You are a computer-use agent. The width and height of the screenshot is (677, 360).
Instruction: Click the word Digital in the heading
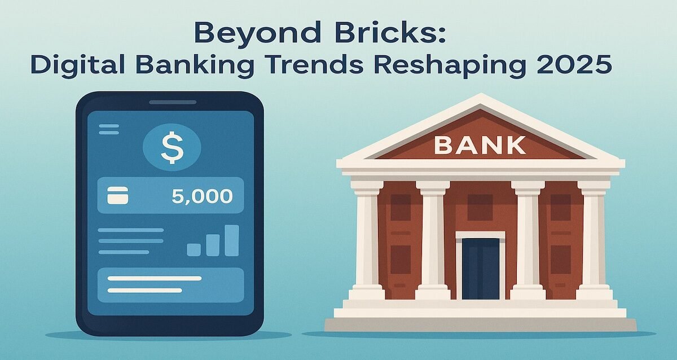click(67, 65)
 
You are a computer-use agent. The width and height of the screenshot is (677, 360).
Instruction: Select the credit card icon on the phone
click(118, 196)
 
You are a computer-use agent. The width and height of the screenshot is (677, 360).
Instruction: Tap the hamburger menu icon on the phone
click(109, 129)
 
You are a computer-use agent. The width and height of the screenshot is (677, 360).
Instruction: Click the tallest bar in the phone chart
click(232, 240)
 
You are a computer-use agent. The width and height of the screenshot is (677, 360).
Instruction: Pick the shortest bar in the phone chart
click(194, 249)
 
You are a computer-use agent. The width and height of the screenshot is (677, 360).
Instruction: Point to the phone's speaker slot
click(173, 102)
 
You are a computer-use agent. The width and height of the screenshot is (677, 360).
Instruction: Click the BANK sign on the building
click(480, 145)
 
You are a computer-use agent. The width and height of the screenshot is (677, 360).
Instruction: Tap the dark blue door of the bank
click(481, 269)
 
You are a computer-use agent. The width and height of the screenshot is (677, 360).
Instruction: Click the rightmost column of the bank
click(594, 240)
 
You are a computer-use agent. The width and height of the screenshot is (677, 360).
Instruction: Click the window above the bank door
click(481, 207)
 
